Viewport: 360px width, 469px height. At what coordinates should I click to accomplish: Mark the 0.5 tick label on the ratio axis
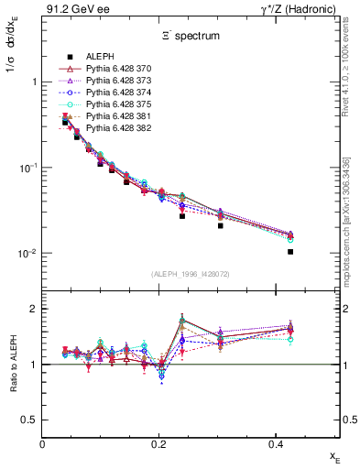(x=31, y=420)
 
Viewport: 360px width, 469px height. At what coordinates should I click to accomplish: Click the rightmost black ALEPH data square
(x=290, y=252)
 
